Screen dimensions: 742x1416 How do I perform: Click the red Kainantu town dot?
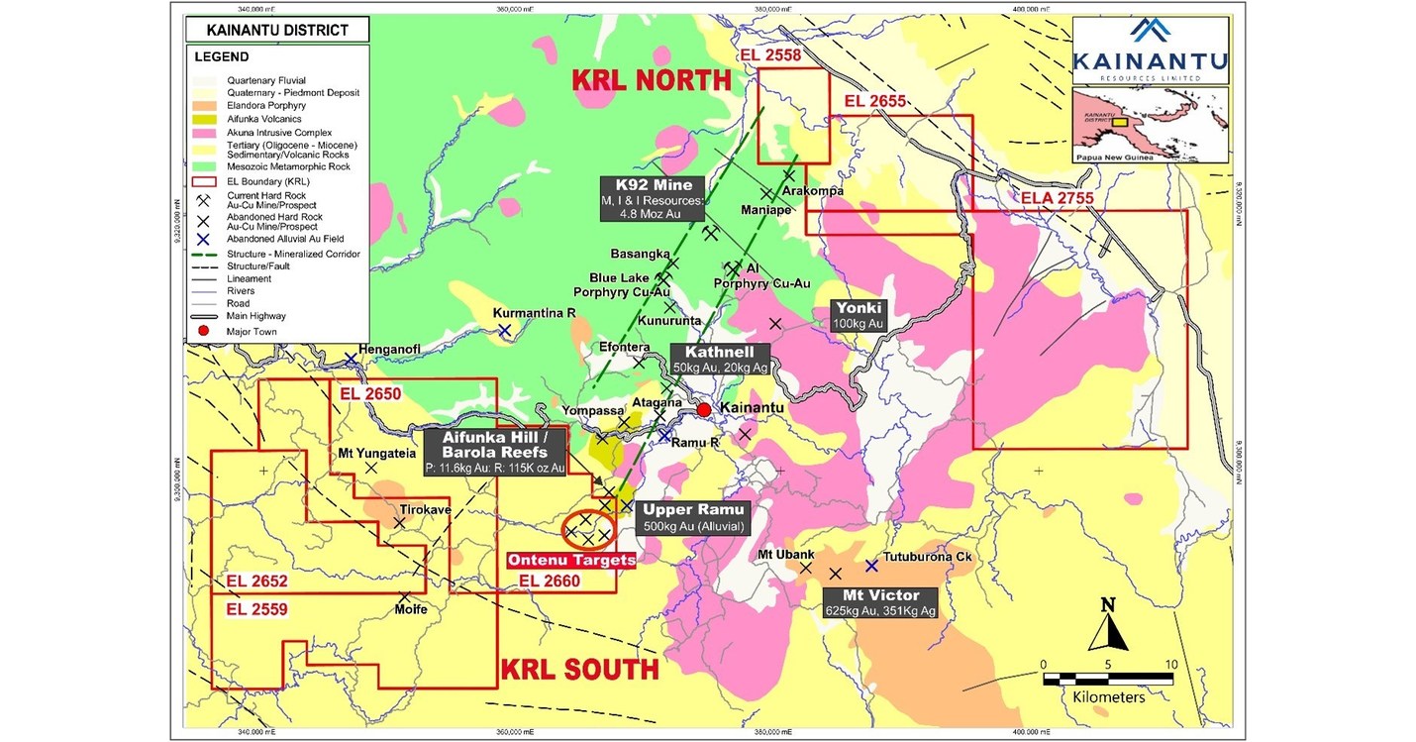tap(703, 409)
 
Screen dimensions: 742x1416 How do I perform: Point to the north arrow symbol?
tap(1108, 627)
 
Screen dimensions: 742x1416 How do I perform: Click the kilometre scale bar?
tap(1107, 679)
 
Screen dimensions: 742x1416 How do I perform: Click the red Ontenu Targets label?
tap(571, 560)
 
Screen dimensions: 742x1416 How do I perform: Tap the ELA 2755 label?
tap(1057, 199)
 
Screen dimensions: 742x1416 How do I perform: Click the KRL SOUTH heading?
tap(579, 669)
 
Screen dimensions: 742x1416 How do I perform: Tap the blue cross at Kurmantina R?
tap(504, 330)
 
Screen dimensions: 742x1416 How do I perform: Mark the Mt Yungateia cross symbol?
tap(371, 468)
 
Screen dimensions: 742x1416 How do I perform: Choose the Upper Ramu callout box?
tap(693, 517)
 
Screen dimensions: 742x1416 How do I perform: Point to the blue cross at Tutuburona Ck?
tap(871, 566)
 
